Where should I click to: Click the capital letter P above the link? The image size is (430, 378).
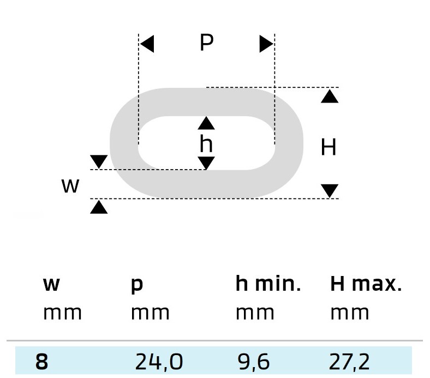click(207, 43)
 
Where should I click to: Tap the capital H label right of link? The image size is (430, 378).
click(329, 147)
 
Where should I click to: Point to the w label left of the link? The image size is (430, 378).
click(70, 185)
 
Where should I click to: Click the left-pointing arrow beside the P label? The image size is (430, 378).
click(147, 44)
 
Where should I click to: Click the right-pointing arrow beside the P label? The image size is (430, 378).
click(266, 44)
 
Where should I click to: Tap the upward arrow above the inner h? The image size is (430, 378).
click(206, 123)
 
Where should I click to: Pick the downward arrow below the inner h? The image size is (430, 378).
click(206, 163)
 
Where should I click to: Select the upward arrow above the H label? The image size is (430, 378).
click(330, 97)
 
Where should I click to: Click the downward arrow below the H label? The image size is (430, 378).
click(330, 191)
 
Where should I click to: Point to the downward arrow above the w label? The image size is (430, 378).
click(99, 161)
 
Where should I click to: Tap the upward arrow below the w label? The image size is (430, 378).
click(99, 207)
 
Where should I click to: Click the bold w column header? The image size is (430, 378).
click(51, 284)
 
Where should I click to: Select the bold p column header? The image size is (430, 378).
click(137, 286)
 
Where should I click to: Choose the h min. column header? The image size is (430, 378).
click(268, 284)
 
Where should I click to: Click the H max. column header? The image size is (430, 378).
click(366, 284)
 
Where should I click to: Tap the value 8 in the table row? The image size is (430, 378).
click(41, 362)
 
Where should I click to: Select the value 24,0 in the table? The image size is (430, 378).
click(159, 362)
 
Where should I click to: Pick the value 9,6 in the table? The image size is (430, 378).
click(254, 362)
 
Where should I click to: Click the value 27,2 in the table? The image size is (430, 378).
click(349, 362)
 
